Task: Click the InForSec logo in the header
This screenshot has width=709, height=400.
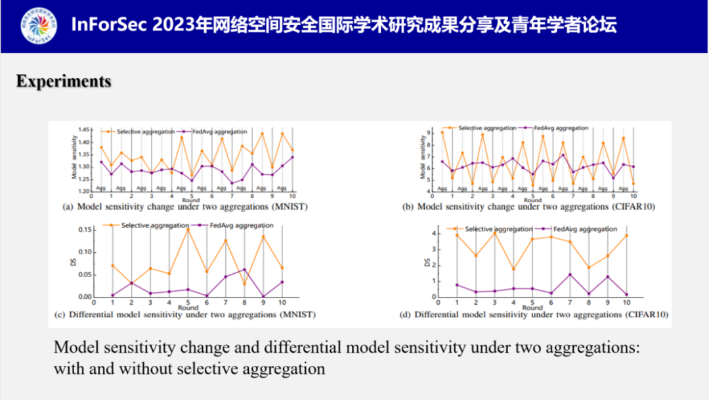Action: click(x=39, y=26)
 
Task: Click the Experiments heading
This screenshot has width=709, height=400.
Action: click(x=64, y=81)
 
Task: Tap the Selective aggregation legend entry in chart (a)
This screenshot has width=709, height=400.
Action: click(x=142, y=131)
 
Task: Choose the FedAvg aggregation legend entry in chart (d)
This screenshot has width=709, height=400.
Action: click(x=584, y=229)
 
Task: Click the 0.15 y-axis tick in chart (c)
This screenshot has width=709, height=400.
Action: click(x=83, y=229)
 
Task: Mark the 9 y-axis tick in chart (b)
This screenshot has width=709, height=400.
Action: click(x=429, y=133)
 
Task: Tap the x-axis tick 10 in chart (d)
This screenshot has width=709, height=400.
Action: click(x=626, y=303)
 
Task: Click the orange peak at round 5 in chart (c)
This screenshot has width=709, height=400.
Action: click(x=187, y=229)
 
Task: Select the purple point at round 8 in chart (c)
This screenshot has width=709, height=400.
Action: click(x=244, y=269)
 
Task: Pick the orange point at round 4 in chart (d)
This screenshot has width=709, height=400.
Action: click(x=513, y=269)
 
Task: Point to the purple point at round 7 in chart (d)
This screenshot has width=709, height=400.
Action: click(x=570, y=275)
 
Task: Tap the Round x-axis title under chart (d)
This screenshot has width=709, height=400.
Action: click(x=532, y=307)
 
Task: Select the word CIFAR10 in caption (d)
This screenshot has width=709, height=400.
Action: click(x=644, y=315)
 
